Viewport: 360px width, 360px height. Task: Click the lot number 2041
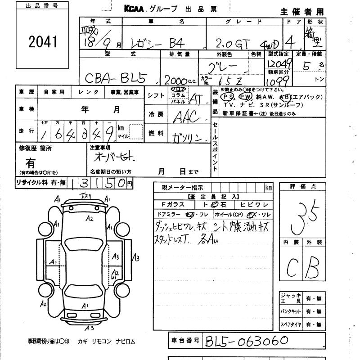(x=43, y=42)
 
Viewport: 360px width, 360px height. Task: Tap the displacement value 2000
(x=177, y=80)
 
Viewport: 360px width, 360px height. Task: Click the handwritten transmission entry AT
(x=196, y=99)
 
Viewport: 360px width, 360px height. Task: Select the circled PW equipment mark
(x=245, y=96)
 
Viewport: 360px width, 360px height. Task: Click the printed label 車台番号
(x=184, y=341)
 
